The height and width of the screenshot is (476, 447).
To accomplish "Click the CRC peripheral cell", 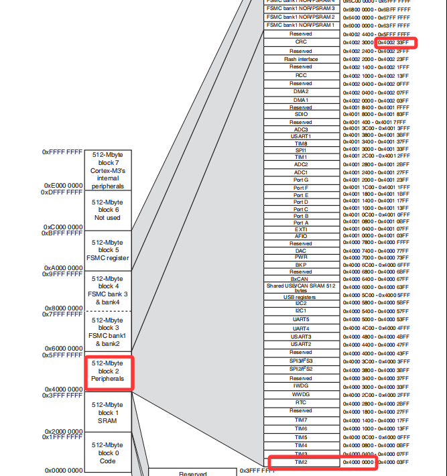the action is coord(301,42).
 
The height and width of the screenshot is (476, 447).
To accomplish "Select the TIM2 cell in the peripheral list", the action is coord(301,463).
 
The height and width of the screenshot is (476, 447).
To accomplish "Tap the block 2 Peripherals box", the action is coord(108,371).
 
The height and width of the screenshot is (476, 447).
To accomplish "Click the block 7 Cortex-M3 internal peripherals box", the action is coord(108,170).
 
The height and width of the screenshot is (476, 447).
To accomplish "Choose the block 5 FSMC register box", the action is coord(108,250).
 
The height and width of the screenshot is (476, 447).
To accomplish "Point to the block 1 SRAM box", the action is coord(108,412).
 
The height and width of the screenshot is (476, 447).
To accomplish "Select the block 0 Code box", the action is coord(108,453).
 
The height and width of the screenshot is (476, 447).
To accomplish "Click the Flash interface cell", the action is coord(301,59).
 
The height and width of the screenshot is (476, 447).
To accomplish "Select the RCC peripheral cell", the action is coord(301,75).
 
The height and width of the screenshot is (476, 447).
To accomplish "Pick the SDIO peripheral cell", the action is coord(301,114).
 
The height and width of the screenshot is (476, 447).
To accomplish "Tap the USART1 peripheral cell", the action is coord(301,136).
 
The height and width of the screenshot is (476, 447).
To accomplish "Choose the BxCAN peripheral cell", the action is coord(301,278).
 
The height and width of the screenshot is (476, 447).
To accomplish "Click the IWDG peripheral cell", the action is coord(301,386).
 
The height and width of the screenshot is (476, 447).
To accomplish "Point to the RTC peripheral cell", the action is coord(301,402).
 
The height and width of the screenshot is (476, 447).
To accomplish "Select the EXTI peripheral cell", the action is coord(301,229).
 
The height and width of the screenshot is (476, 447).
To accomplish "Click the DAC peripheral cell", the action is coord(301,250).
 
